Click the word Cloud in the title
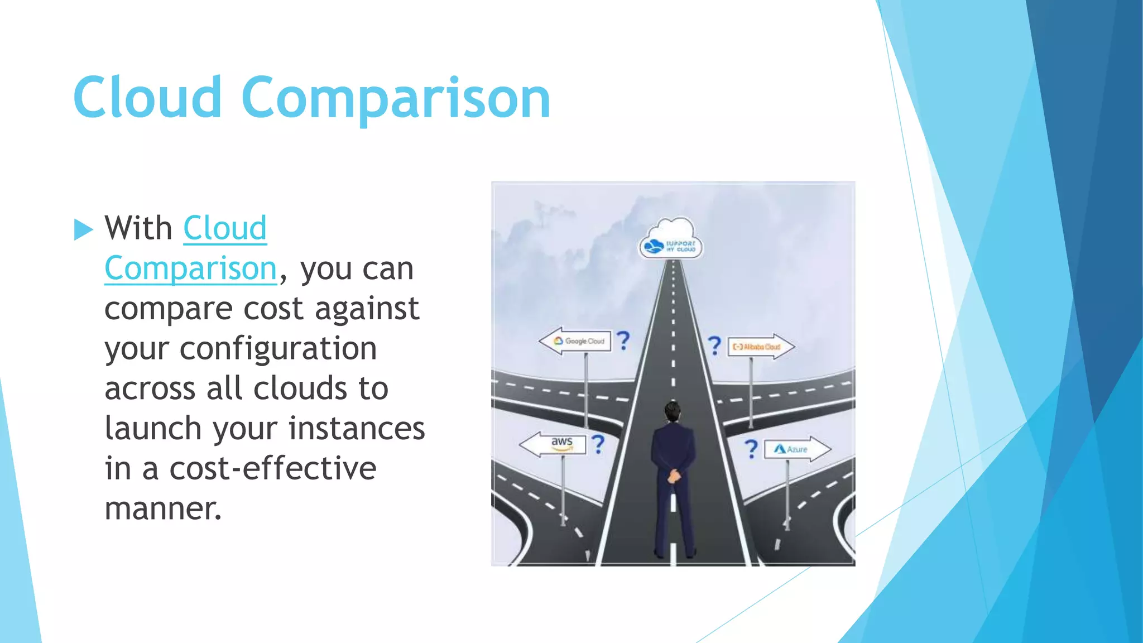click(x=147, y=98)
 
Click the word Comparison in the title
click(x=396, y=99)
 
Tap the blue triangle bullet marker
click(x=83, y=229)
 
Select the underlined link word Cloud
click(x=225, y=228)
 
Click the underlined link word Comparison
click(x=190, y=268)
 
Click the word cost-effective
click(x=272, y=468)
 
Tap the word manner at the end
click(x=162, y=508)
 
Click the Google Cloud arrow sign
click(x=576, y=340)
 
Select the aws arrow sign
click(x=554, y=444)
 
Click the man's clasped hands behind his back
click(x=674, y=476)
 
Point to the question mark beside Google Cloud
click(x=623, y=340)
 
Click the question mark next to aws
click(x=598, y=444)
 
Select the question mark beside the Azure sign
click(x=752, y=449)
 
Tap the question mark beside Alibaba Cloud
click(x=714, y=346)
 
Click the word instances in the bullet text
click(x=357, y=429)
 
